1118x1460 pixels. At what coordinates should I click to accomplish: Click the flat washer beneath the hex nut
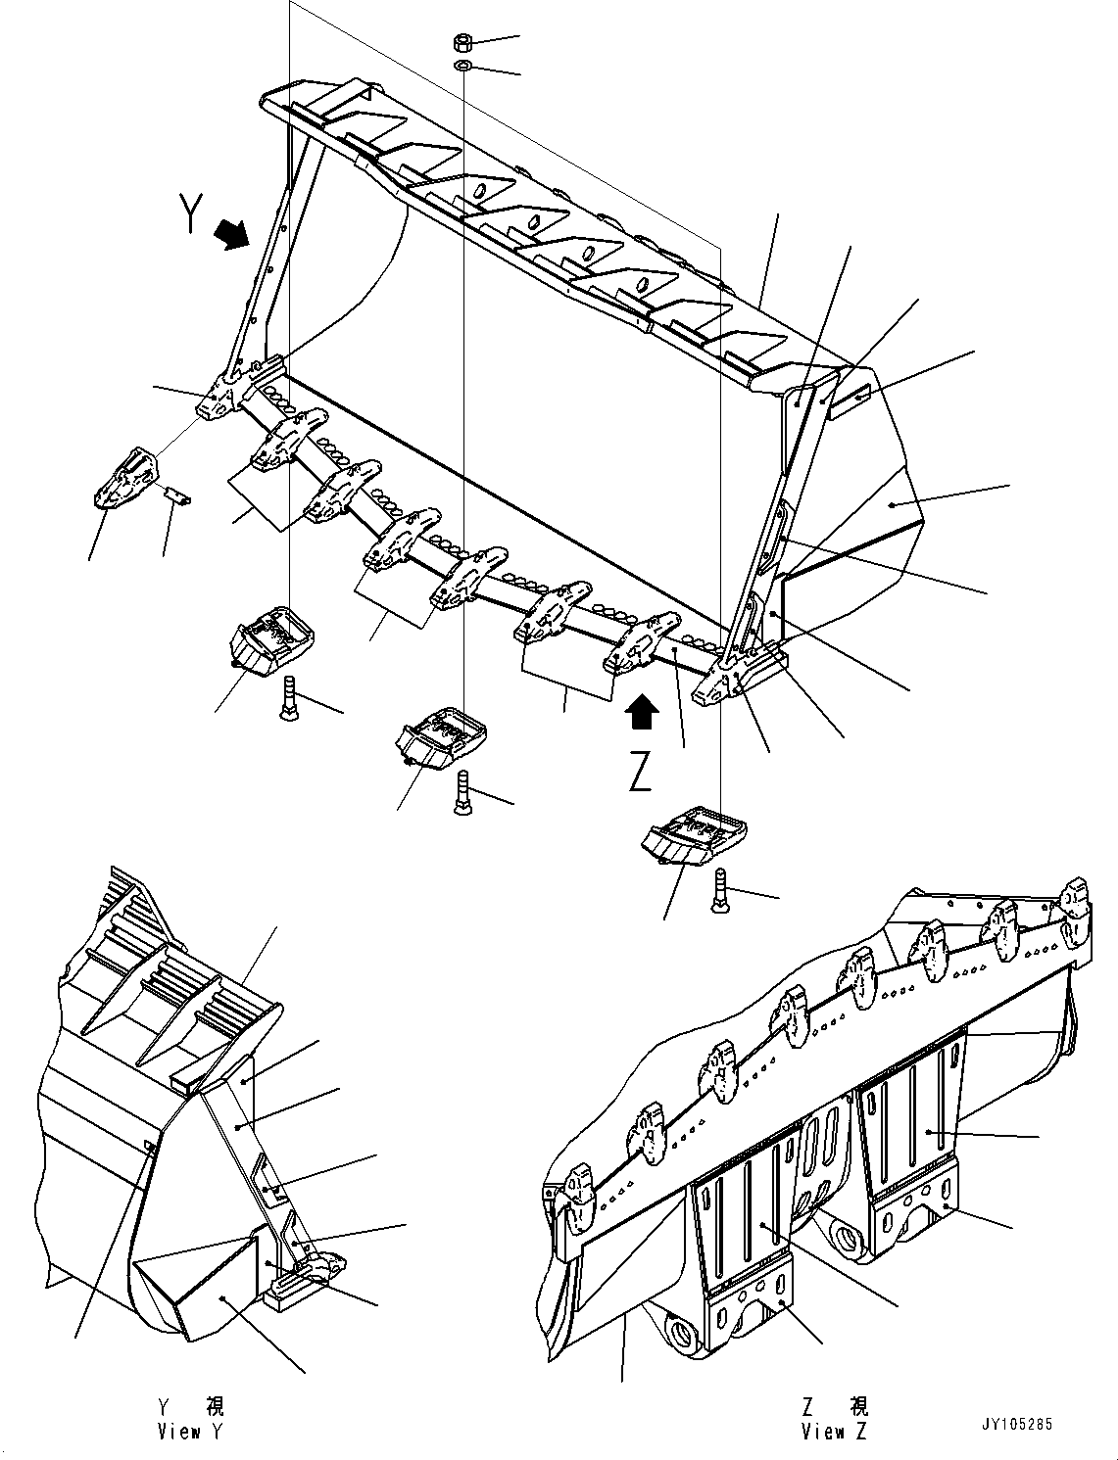(462, 66)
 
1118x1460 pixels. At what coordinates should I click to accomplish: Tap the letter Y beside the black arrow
(190, 212)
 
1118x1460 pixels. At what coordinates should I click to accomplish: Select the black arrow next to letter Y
(231, 237)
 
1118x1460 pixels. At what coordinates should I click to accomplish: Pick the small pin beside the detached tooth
(177, 495)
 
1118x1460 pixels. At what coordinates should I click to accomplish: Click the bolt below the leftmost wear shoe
(289, 698)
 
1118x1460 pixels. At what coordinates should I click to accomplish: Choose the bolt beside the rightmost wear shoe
(719, 890)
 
